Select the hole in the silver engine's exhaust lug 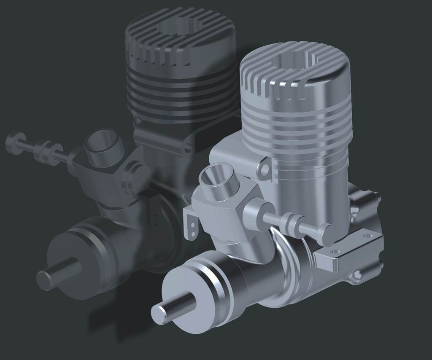(265, 169)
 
